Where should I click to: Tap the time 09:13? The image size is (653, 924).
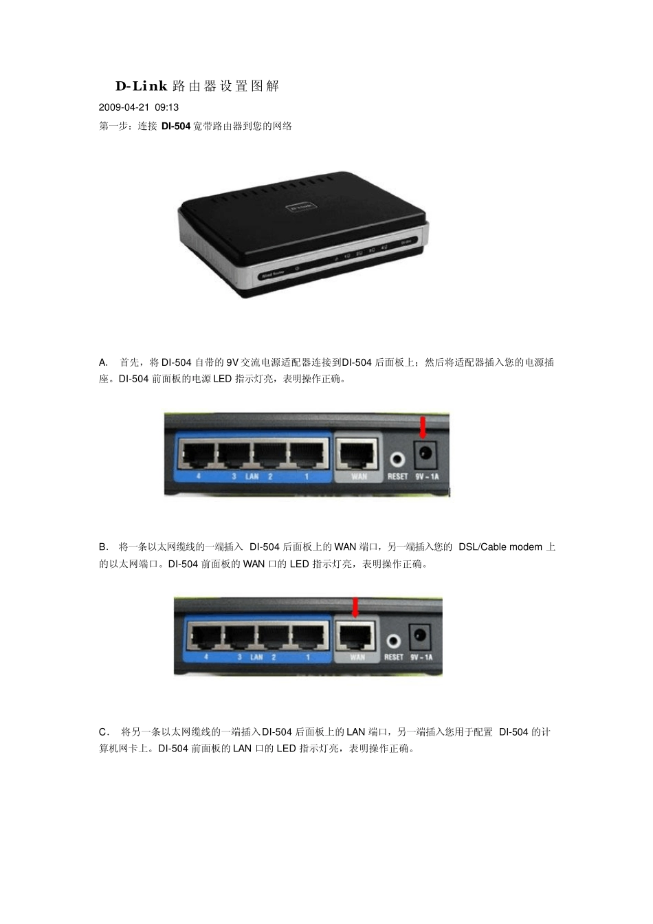pos(167,107)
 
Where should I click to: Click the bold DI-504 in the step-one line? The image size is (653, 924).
pos(176,126)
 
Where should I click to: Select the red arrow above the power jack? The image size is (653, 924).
pos(423,426)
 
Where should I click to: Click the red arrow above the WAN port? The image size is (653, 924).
pos(355,607)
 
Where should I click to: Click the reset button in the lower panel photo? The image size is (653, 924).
pos(393,641)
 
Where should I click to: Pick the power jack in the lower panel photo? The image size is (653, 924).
pos(420,637)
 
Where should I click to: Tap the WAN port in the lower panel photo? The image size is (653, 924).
pos(357,635)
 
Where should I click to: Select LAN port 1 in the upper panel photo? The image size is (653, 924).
pos(307,454)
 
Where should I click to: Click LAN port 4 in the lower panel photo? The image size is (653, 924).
pos(206,636)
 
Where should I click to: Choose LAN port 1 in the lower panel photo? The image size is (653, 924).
pos(309,636)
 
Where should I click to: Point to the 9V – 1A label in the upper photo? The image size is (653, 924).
pos(427,476)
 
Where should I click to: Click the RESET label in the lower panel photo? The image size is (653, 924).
pos(394,657)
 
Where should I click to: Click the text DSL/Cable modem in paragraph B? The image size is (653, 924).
pos(500,547)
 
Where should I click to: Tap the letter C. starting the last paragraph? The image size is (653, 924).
pos(104,732)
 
